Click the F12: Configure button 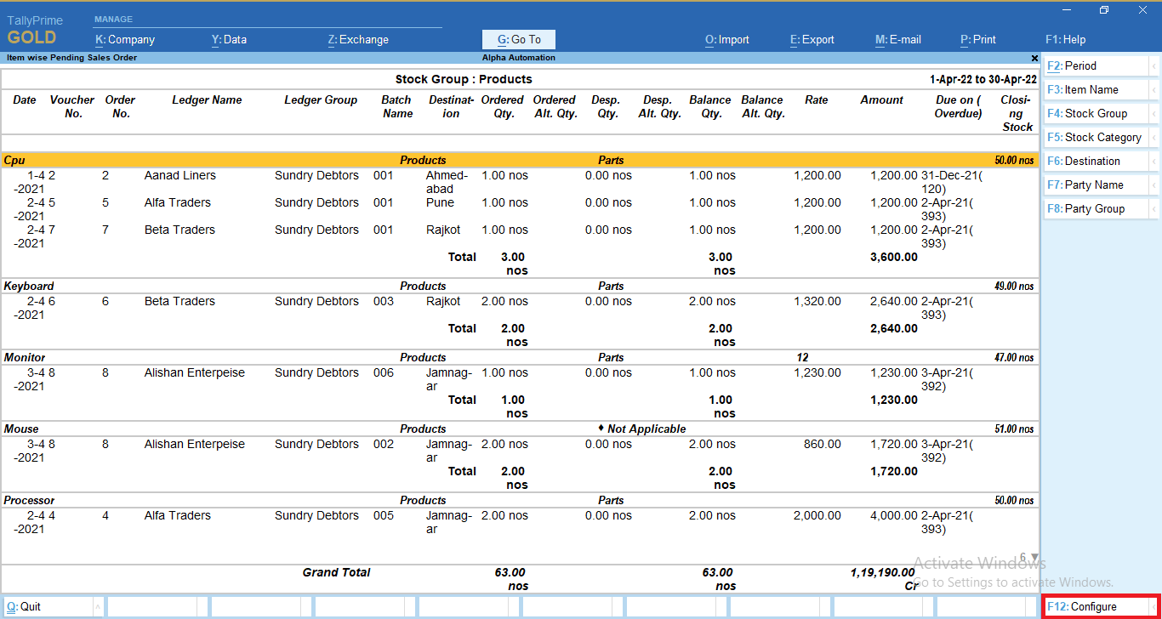pos(1101,606)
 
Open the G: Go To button pos(519,39)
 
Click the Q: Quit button pos(48,606)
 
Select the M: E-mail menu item pos(897,39)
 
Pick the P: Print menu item pos(977,39)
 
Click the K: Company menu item pos(125,39)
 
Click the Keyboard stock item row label pos(29,286)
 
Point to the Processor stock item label pos(29,500)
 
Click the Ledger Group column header pos(321,100)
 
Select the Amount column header pos(881,100)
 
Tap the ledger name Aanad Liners pos(180,175)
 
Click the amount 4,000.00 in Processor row pos(893,515)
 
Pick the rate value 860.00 pos(822,444)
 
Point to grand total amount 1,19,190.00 pos(882,572)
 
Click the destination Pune pos(440,202)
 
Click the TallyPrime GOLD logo pos(35,31)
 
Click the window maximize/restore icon pos(1103,10)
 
